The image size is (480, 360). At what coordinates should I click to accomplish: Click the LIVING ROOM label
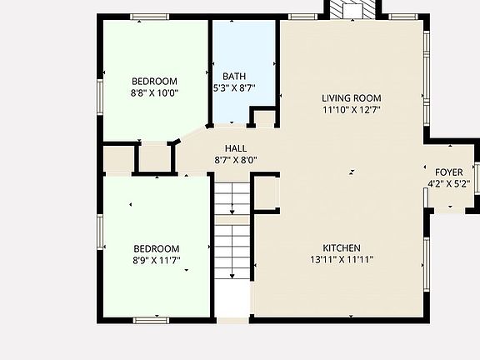[x=351, y=97]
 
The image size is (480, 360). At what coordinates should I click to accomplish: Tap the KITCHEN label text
[x=342, y=248]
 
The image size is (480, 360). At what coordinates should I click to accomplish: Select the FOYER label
[x=448, y=172]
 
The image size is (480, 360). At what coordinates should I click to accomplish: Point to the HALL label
[x=235, y=148]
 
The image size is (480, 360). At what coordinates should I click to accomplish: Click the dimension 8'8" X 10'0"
[x=155, y=93]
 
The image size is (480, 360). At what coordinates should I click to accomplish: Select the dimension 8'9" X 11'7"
[x=157, y=260]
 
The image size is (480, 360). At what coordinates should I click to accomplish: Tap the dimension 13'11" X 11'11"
[x=342, y=260]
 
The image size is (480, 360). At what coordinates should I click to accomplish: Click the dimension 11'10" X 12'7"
[x=351, y=109]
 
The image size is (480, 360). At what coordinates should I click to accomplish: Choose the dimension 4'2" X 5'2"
[x=448, y=184]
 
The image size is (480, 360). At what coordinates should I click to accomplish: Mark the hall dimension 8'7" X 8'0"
[x=235, y=160]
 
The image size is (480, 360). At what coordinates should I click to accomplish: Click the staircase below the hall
[x=232, y=242]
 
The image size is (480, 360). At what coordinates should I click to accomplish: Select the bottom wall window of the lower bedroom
[x=151, y=319]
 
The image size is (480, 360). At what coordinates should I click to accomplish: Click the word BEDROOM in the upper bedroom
[x=155, y=82]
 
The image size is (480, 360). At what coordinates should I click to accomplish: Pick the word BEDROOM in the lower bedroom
[x=157, y=248]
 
